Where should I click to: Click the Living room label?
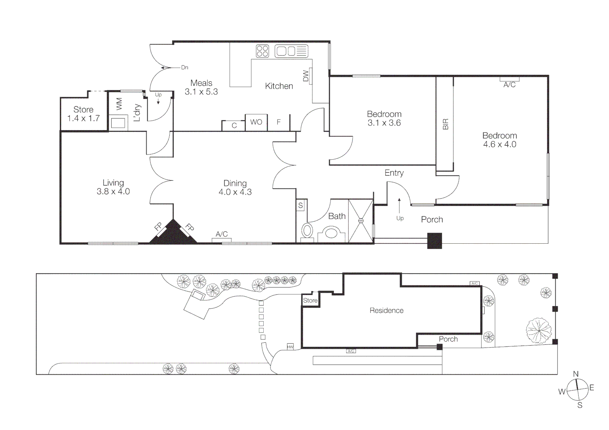(113, 183)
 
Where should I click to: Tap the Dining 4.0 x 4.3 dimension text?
(235, 192)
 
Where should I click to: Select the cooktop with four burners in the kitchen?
(262, 51)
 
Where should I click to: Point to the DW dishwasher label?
(306, 76)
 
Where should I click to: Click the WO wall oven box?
(256, 122)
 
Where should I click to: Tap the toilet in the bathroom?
(307, 231)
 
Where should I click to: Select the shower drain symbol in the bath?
(361, 221)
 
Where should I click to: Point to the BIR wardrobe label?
(445, 124)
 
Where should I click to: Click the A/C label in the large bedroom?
(509, 84)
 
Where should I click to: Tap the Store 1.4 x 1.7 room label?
(83, 114)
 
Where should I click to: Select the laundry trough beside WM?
(118, 123)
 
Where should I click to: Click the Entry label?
(394, 173)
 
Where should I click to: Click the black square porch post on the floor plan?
(435, 241)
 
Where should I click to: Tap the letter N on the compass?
(576, 374)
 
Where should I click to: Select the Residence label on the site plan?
(386, 311)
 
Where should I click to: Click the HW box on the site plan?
(290, 347)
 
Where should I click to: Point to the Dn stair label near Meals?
(184, 68)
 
